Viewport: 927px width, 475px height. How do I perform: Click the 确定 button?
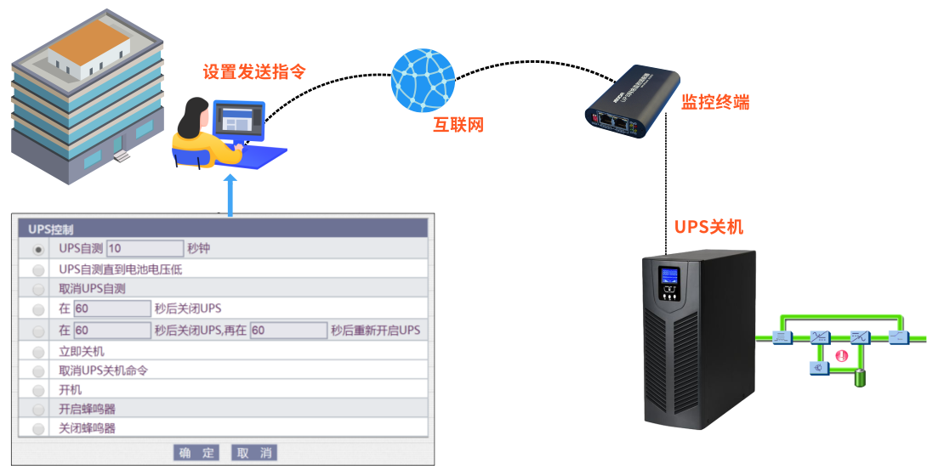pyautogui.click(x=196, y=453)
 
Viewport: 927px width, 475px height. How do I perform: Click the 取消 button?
pyautogui.click(x=254, y=453)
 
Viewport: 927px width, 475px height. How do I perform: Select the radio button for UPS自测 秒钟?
pyautogui.click(x=38, y=249)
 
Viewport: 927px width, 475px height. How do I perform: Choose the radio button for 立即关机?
pyautogui.click(x=38, y=352)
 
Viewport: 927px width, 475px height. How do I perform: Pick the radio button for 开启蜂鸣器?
pyautogui.click(x=38, y=410)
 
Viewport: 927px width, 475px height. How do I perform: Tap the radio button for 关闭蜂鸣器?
pyautogui.click(x=38, y=429)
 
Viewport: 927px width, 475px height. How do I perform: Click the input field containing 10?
pyautogui.click(x=145, y=248)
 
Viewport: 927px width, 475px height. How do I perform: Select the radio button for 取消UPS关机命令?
pyautogui.click(x=38, y=371)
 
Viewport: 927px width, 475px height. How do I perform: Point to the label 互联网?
pyautogui.click(x=458, y=126)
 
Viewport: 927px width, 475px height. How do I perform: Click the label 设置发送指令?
pyautogui.click(x=253, y=72)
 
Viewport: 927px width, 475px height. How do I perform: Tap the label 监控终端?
pyautogui.click(x=715, y=103)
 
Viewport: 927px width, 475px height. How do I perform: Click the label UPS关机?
pyautogui.click(x=708, y=227)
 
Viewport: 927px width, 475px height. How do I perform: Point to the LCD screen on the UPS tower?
pyautogui.click(x=669, y=278)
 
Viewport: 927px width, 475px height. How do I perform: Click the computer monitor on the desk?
pyautogui.click(x=239, y=122)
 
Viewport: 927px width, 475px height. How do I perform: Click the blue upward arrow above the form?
pyautogui.click(x=230, y=195)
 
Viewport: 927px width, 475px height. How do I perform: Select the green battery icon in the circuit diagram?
pyautogui.click(x=861, y=377)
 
